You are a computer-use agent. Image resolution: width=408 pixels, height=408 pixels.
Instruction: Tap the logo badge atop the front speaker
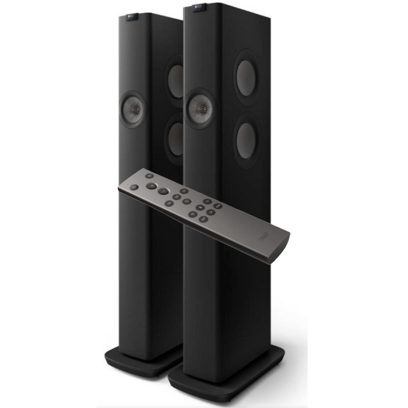[x=199, y=7]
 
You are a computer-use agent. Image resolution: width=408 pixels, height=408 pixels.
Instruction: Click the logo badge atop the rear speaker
[x=129, y=18]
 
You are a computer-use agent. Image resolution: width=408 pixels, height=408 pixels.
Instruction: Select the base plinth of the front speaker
[x=224, y=373]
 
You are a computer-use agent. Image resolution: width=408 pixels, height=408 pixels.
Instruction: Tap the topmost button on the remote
[x=150, y=175]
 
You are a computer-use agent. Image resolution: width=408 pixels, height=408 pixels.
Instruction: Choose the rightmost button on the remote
[x=217, y=206]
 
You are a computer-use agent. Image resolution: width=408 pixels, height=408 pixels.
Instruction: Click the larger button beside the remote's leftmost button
[x=151, y=187]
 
